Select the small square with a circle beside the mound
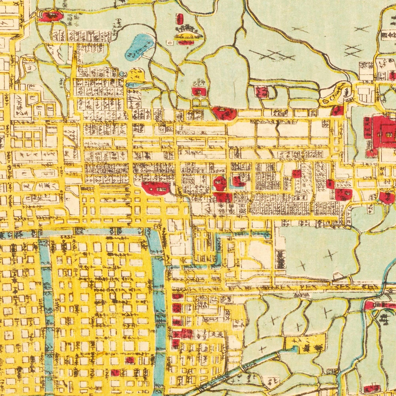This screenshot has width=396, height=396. (170, 43)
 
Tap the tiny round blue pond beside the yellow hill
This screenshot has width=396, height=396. (123, 74)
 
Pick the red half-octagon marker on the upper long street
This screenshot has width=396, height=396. (224, 113)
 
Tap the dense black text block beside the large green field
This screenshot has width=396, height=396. (280, 259)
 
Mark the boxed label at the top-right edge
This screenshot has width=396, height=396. (389, 35)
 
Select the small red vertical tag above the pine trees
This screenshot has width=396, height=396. (180, 19)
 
